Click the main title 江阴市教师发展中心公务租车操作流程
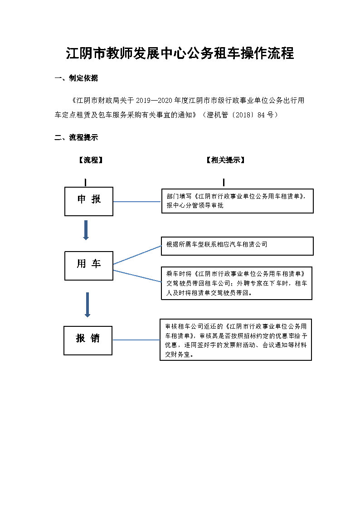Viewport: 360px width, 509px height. (x=180, y=53)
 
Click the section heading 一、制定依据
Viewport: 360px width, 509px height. (x=76, y=78)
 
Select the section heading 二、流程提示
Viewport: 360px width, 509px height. (x=76, y=137)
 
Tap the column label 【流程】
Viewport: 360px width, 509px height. (x=91, y=160)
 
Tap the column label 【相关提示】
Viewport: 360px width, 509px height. (x=226, y=160)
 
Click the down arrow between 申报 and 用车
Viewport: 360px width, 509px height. (x=86, y=230)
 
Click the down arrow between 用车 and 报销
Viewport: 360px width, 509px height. (x=88, y=305)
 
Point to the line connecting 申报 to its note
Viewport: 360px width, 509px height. (x=137, y=202)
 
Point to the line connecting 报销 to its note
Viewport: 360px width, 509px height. (x=136, y=340)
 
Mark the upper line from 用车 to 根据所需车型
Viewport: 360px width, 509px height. (x=137, y=255)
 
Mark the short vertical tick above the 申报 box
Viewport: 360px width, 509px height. (x=85, y=183)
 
